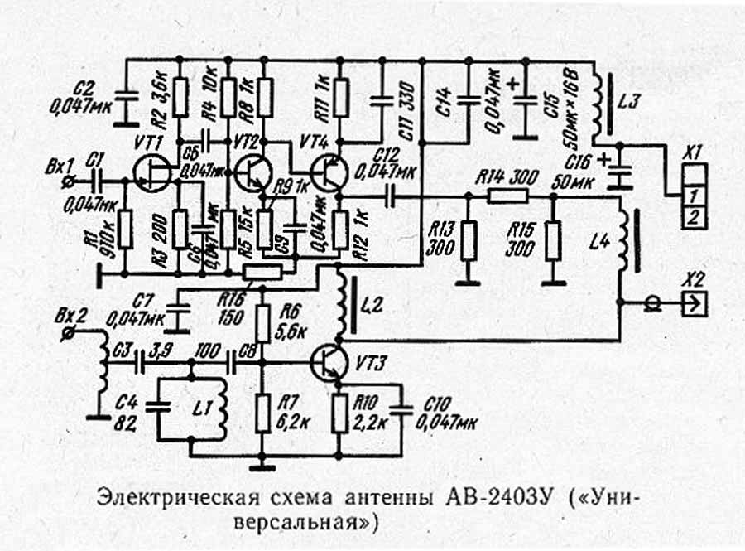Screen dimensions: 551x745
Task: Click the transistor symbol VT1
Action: pyautogui.click(x=153, y=174)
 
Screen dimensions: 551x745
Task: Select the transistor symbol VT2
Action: pyautogui.click(x=252, y=173)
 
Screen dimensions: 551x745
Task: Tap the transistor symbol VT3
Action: pyautogui.click(x=332, y=362)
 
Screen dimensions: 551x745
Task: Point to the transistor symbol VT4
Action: pyautogui.click(x=332, y=173)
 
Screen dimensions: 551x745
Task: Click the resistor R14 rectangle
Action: pyautogui.click(x=507, y=196)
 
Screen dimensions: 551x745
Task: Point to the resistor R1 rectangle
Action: pyautogui.click(x=124, y=230)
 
